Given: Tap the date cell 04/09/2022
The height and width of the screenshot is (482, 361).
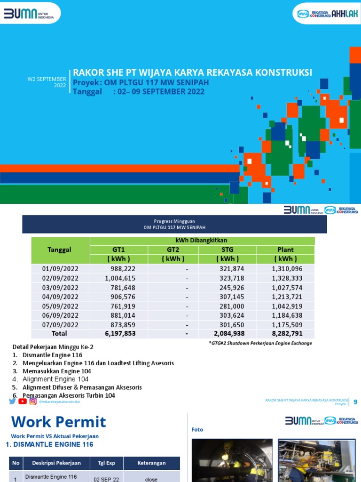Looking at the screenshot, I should point(60,297).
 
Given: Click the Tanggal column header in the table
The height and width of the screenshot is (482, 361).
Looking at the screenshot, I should point(60,250).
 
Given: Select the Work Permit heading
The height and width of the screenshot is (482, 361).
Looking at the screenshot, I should point(58,421).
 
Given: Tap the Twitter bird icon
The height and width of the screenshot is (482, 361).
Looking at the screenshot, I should point(12,401).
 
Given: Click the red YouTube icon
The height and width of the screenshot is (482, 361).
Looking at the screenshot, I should point(23,401).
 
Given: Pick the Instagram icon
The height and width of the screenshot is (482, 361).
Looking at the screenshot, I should point(33,401).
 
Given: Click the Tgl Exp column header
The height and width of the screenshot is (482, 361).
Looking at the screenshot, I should point(106,463).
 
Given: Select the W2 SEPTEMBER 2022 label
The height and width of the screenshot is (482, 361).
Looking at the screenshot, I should point(47,82).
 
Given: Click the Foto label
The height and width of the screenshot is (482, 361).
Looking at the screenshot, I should point(197,429).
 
